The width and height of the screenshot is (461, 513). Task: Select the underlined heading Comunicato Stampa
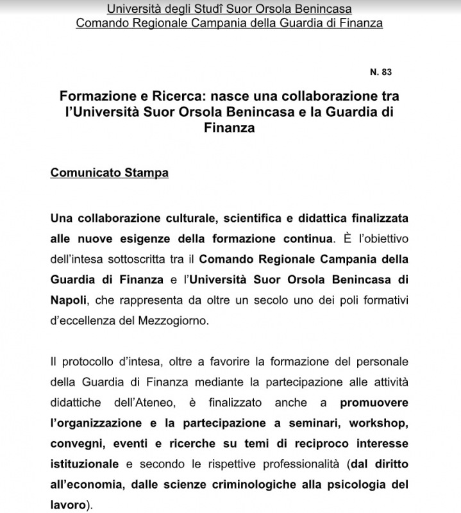tap(109, 173)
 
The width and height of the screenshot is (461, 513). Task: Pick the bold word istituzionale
tap(85, 464)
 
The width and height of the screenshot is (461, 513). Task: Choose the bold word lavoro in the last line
tap(67, 505)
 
